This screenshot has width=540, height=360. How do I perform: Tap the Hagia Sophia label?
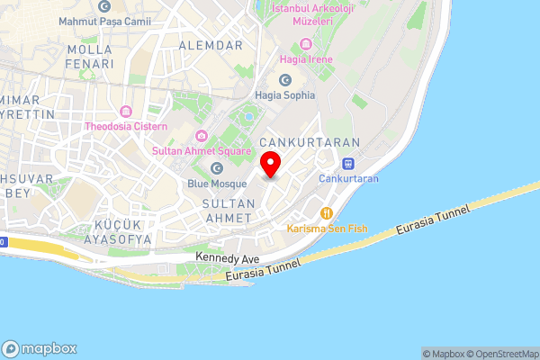pos(285,94)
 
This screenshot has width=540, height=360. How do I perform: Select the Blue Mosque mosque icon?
pos(216,168)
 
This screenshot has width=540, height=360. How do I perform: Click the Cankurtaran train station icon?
pos(348,165)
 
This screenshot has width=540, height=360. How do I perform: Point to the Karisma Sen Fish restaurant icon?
pos(326,213)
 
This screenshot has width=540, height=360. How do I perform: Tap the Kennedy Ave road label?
pos(228,258)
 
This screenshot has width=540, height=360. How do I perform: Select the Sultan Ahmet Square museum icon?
pos(200,136)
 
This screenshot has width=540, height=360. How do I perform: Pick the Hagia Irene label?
pos(308,59)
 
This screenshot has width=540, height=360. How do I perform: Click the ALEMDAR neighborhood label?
pos(211,45)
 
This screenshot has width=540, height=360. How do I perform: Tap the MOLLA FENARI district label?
pos(90,57)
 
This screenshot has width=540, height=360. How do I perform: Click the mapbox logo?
pos(40,348)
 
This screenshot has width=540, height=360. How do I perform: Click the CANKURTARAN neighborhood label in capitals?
pos(309,143)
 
